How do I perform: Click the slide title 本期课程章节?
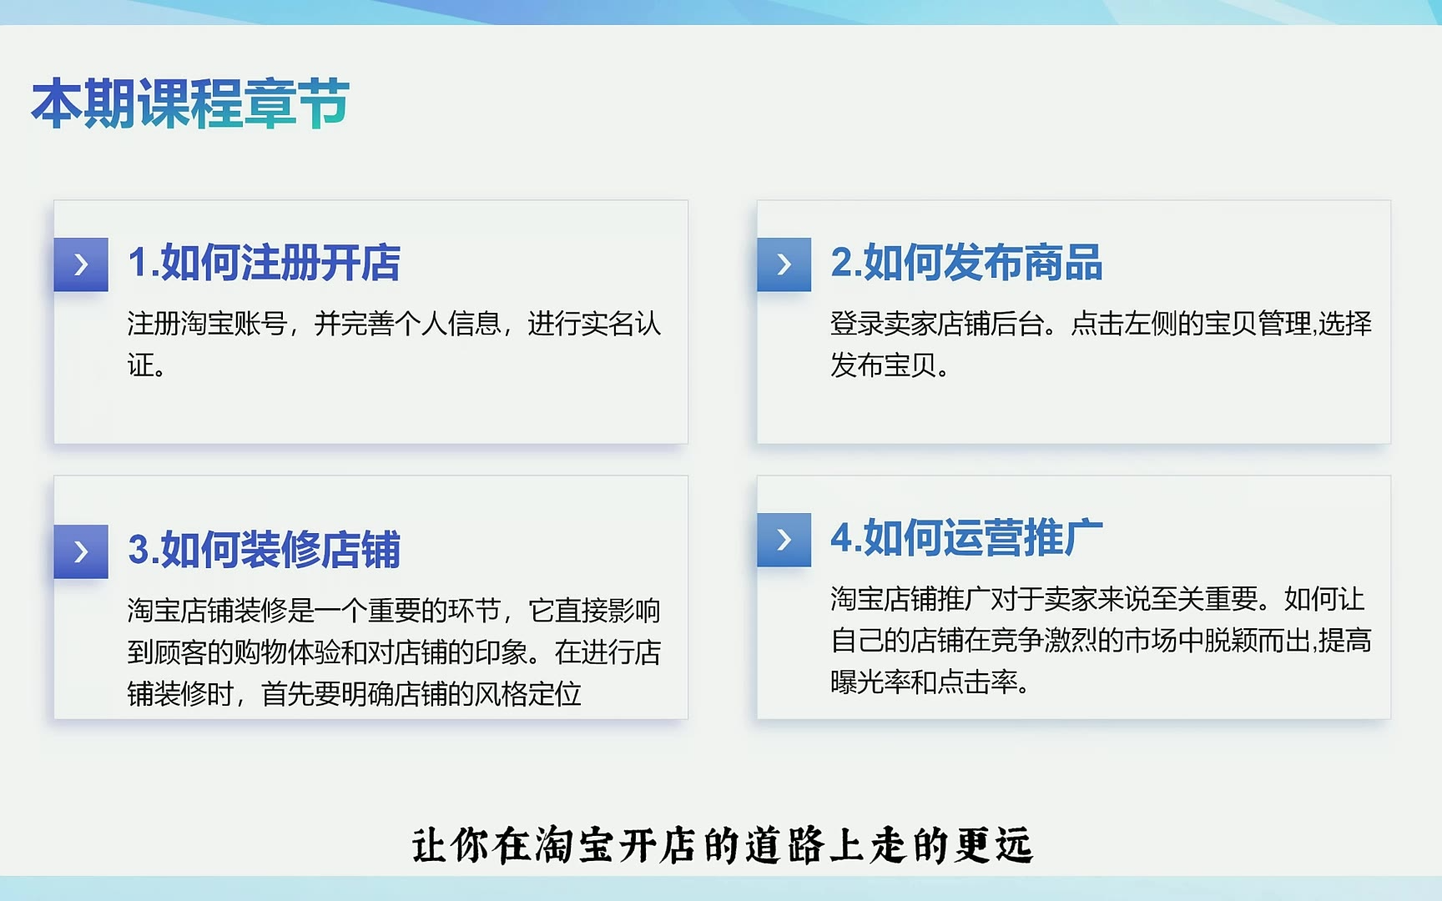click(190, 103)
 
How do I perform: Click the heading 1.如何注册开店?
click(264, 263)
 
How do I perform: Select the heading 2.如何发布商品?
click(966, 263)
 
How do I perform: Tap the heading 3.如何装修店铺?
click(264, 550)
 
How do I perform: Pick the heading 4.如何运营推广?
click(966, 538)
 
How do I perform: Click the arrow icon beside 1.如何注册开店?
click(81, 264)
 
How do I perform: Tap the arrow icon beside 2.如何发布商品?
click(784, 264)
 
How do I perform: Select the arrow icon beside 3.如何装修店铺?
click(81, 551)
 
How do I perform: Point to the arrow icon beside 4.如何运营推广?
click(784, 540)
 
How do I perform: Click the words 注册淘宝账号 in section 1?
click(207, 324)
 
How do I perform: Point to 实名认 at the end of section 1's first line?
click(621, 324)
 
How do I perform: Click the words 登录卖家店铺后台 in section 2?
click(937, 324)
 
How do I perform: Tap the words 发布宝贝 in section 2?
click(884, 365)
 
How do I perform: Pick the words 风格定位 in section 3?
click(527, 694)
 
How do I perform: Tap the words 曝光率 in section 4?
click(870, 682)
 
